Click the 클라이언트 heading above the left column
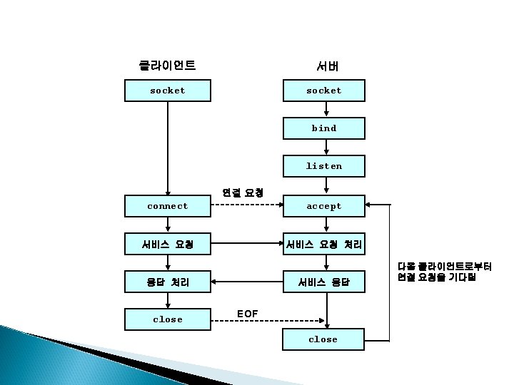point(168,66)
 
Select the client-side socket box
point(167,91)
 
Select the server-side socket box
point(324,91)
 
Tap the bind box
point(324,128)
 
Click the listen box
point(324,166)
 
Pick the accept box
point(324,206)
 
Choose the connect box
point(167,206)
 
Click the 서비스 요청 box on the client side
point(167,245)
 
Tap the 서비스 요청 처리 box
point(324,245)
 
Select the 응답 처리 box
point(167,282)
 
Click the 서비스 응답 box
point(324,282)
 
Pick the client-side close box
point(167,319)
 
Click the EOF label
point(247,314)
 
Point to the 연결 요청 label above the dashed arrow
point(243,192)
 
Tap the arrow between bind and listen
point(326,148)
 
